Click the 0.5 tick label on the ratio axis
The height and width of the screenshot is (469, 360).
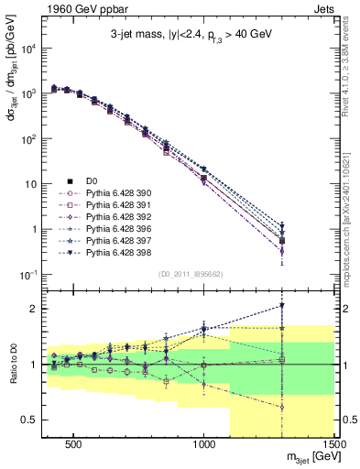point(27,420)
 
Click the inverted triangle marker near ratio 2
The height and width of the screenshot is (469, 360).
point(282,306)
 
